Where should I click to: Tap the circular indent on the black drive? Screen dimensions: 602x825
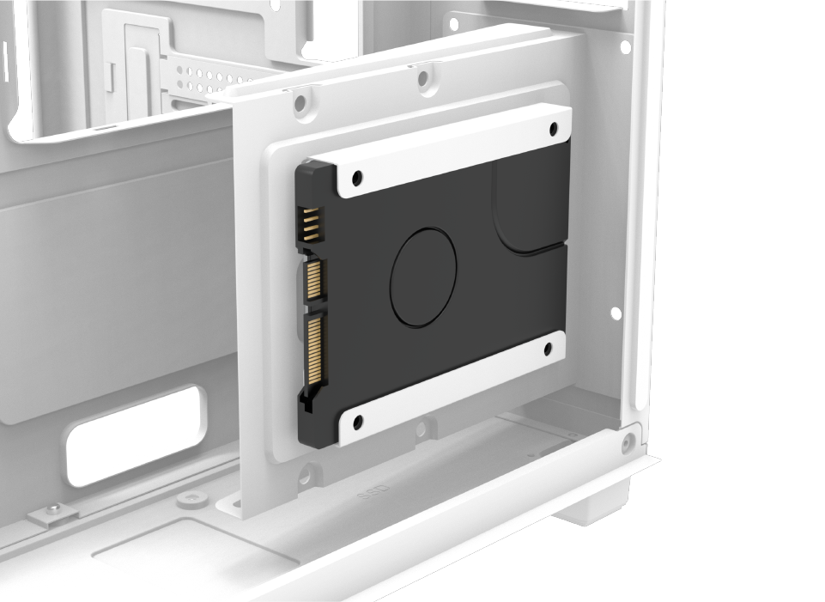click(x=424, y=277)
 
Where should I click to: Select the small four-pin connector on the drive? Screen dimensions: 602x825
click(x=310, y=225)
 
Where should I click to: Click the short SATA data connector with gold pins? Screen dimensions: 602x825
click(x=315, y=279)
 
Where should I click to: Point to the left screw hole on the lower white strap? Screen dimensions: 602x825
click(x=357, y=422)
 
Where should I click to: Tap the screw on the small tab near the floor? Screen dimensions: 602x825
click(x=54, y=510)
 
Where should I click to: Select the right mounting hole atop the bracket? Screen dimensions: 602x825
click(x=424, y=80)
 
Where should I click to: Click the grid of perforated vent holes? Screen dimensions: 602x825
click(x=200, y=80)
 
